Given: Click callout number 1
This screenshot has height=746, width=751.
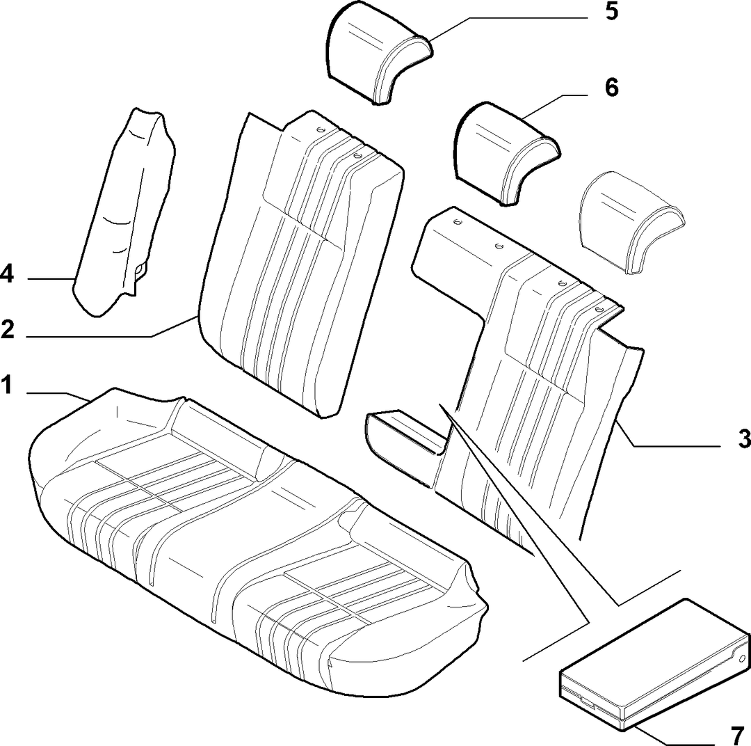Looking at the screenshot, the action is (6, 386).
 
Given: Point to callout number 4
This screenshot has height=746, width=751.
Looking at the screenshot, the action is (7, 275).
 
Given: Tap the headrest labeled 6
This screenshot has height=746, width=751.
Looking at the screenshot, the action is (506, 152).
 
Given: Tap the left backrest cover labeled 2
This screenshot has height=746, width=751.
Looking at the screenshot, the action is (302, 264).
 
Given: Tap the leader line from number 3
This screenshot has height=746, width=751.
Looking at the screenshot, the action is (668, 434).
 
